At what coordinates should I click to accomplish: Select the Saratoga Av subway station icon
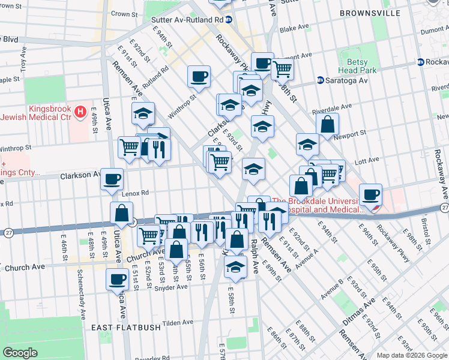320,80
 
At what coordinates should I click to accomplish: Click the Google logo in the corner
20,353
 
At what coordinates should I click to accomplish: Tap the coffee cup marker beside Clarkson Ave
112,179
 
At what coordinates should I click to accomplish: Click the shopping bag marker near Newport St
328,125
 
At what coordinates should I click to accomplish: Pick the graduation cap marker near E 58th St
237,266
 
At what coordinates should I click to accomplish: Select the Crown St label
124,13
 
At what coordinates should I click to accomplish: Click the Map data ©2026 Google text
411,355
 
